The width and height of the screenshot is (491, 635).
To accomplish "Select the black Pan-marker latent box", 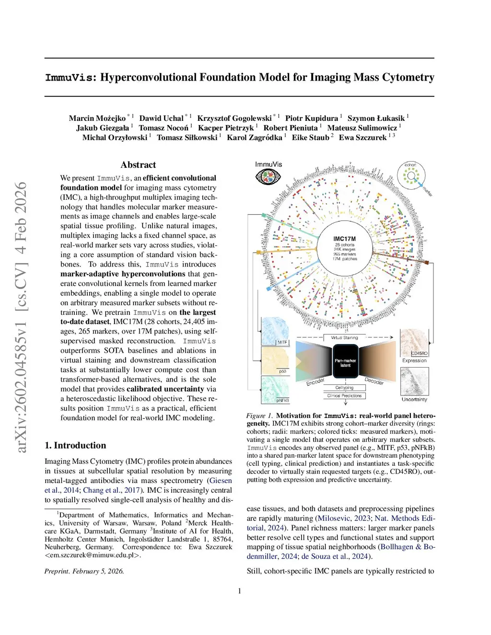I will click(345, 363).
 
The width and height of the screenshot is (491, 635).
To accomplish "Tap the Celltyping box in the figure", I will click(344, 388).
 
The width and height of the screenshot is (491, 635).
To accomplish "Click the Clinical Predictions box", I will click(344, 396).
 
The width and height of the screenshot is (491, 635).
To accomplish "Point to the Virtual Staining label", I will click(344, 338).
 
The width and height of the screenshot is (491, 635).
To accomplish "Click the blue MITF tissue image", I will click(275, 331).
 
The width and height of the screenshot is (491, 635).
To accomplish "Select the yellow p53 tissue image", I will click(275, 360).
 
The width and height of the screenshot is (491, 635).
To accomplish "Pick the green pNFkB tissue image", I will click(275, 389).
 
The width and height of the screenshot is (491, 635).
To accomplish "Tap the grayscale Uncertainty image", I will click(414, 381).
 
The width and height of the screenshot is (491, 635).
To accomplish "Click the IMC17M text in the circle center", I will click(344, 239).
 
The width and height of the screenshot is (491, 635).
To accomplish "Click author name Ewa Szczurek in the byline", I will click(362, 138).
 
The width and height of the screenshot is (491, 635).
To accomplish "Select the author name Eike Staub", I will click(310, 138).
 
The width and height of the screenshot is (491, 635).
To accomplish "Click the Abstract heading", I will click(138, 165).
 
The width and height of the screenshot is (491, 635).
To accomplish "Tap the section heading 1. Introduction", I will click(75, 445).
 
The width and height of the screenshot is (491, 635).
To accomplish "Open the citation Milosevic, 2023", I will click(344, 519).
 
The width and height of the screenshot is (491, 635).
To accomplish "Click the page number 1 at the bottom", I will click(240, 591).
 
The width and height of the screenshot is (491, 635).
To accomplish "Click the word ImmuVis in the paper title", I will click(70, 78).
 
